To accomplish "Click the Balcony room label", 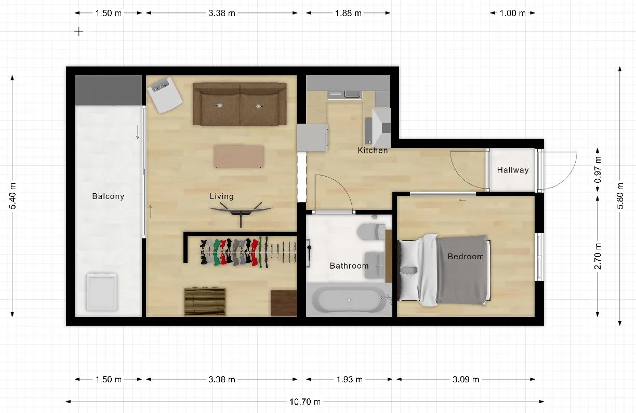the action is coord(108,196).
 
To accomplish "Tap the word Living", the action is coord(222,196).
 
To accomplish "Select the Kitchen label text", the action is coord(373,151).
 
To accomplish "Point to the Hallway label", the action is coord(513,170).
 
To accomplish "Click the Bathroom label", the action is coord(349,266).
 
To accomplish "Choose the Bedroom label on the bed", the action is coord(466,257).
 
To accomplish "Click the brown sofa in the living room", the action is coord(240,104).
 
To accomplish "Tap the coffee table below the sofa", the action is coord(239,156).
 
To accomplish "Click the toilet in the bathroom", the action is coord(372,232).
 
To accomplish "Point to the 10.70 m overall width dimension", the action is coord(305,402).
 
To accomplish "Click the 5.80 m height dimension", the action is coord(620,196).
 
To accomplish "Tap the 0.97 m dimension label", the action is coord(598,170).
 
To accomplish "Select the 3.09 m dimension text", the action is coord(466,379).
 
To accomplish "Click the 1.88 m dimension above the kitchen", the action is coord(348,13).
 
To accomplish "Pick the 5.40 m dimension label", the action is coord(13,196).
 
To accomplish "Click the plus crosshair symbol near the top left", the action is coord(78,31).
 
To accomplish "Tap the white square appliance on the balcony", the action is coord(102,292).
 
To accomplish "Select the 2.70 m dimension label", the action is coord(598,256).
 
